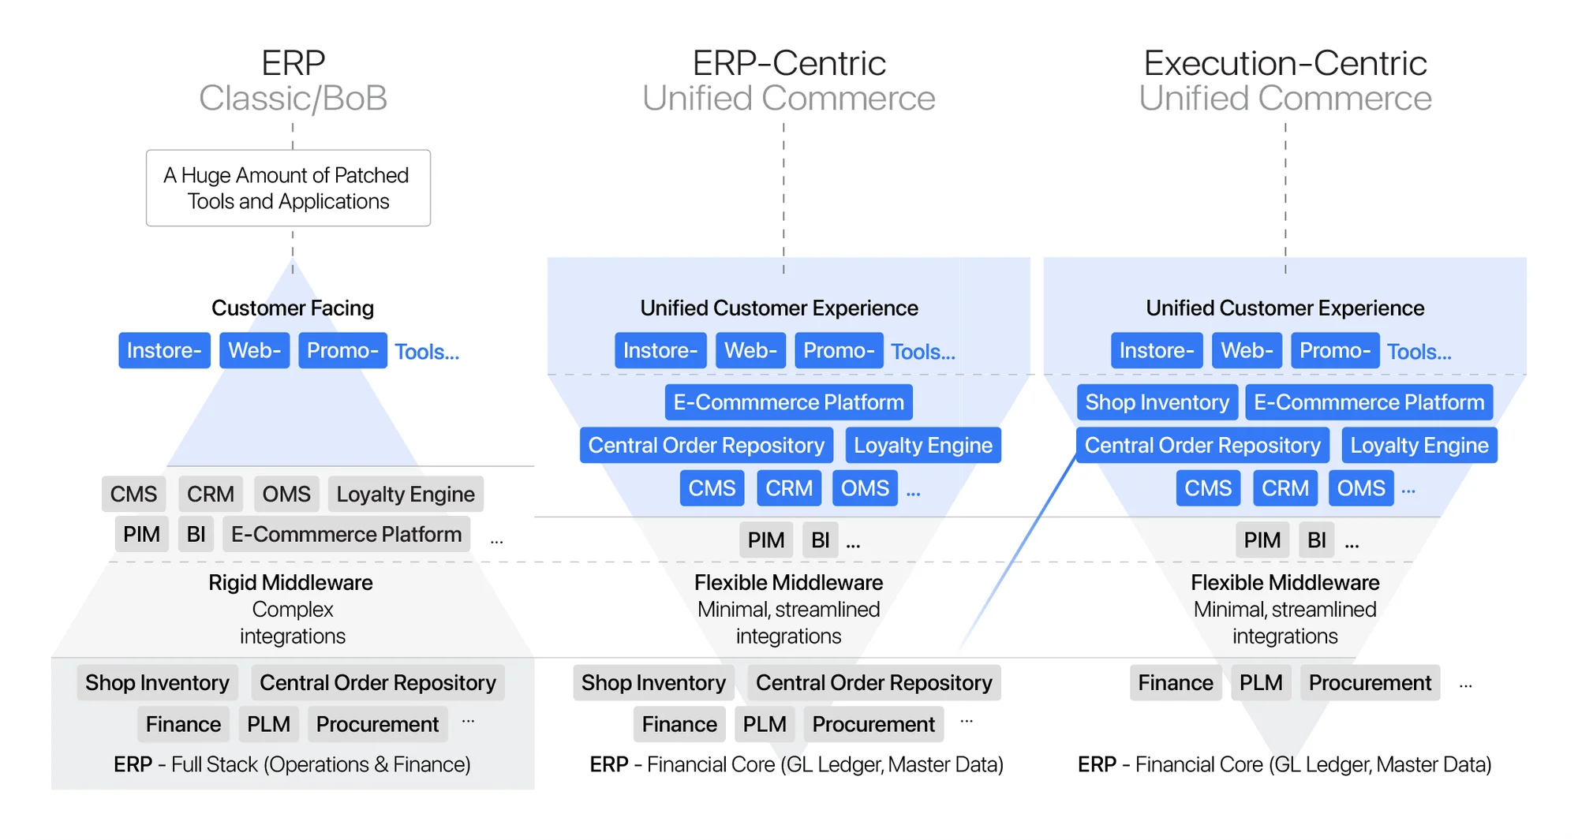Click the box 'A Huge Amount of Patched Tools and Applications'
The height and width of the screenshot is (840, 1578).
[288, 188]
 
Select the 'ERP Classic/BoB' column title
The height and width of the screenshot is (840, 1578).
[293, 80]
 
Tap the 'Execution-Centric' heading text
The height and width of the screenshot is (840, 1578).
[1284, 63]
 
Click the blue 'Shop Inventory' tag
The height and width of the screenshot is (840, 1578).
[1156, 402]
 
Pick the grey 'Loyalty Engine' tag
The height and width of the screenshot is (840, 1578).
[406, 495]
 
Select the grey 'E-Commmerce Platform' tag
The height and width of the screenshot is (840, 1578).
[346, 535]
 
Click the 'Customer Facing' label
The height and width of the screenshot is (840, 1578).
[292, 308]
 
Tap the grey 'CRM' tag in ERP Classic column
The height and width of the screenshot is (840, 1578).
[210, 495]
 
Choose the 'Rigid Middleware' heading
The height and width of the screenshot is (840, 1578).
[290, 583]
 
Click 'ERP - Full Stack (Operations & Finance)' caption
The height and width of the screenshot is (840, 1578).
[292, 764]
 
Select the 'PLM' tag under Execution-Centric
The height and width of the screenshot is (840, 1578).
[1260, 683]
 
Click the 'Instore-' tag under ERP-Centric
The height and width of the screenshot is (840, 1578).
[660, 350]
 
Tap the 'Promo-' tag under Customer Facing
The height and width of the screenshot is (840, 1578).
[342, 350]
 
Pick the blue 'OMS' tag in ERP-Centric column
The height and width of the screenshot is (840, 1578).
[864, 488]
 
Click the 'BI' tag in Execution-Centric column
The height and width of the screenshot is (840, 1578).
[1316, 540]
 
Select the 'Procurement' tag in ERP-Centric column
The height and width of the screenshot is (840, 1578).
[873, 724]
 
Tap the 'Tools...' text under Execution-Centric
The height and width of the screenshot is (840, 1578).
[1419, 352]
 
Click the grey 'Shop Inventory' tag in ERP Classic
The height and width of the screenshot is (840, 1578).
[157, 683]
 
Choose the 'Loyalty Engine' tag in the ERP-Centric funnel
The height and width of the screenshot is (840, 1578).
[922, 446]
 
